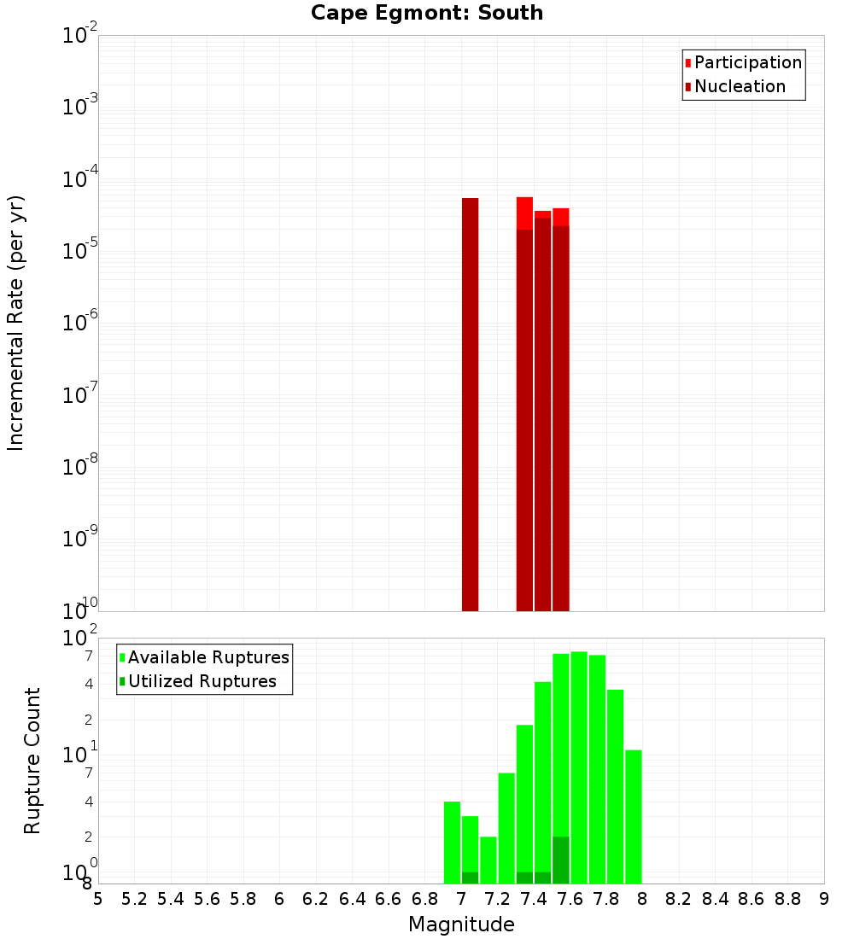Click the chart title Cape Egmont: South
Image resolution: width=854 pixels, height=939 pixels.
426,13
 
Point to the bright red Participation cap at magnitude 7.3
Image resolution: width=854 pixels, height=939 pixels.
524,213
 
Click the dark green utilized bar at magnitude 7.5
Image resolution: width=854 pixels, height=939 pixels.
560,860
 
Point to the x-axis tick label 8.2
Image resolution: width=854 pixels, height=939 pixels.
679,899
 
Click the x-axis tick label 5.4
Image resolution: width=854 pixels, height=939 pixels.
171,899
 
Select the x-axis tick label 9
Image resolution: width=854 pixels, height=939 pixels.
824,899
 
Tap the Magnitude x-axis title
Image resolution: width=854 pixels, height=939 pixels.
461,924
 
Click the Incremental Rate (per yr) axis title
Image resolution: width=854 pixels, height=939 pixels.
16,323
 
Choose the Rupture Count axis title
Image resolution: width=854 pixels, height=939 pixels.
32,761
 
